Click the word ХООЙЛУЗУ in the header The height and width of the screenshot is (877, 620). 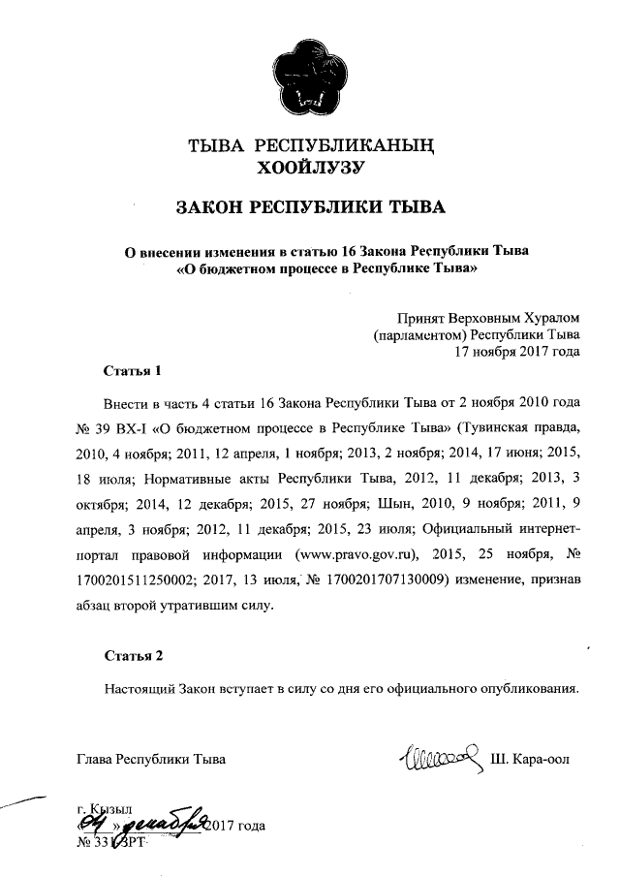(309, 168)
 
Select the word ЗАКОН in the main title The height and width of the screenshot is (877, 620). (211, 208)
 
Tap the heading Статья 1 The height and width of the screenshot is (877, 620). (130, 371)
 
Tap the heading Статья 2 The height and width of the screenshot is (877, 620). (134, 656)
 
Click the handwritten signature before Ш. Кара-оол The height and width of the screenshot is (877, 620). (440, 755)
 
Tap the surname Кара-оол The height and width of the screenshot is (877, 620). (538, 758)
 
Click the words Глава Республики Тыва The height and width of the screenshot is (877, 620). (151, 759)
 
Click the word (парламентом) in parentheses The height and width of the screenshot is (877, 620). (419, 334)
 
